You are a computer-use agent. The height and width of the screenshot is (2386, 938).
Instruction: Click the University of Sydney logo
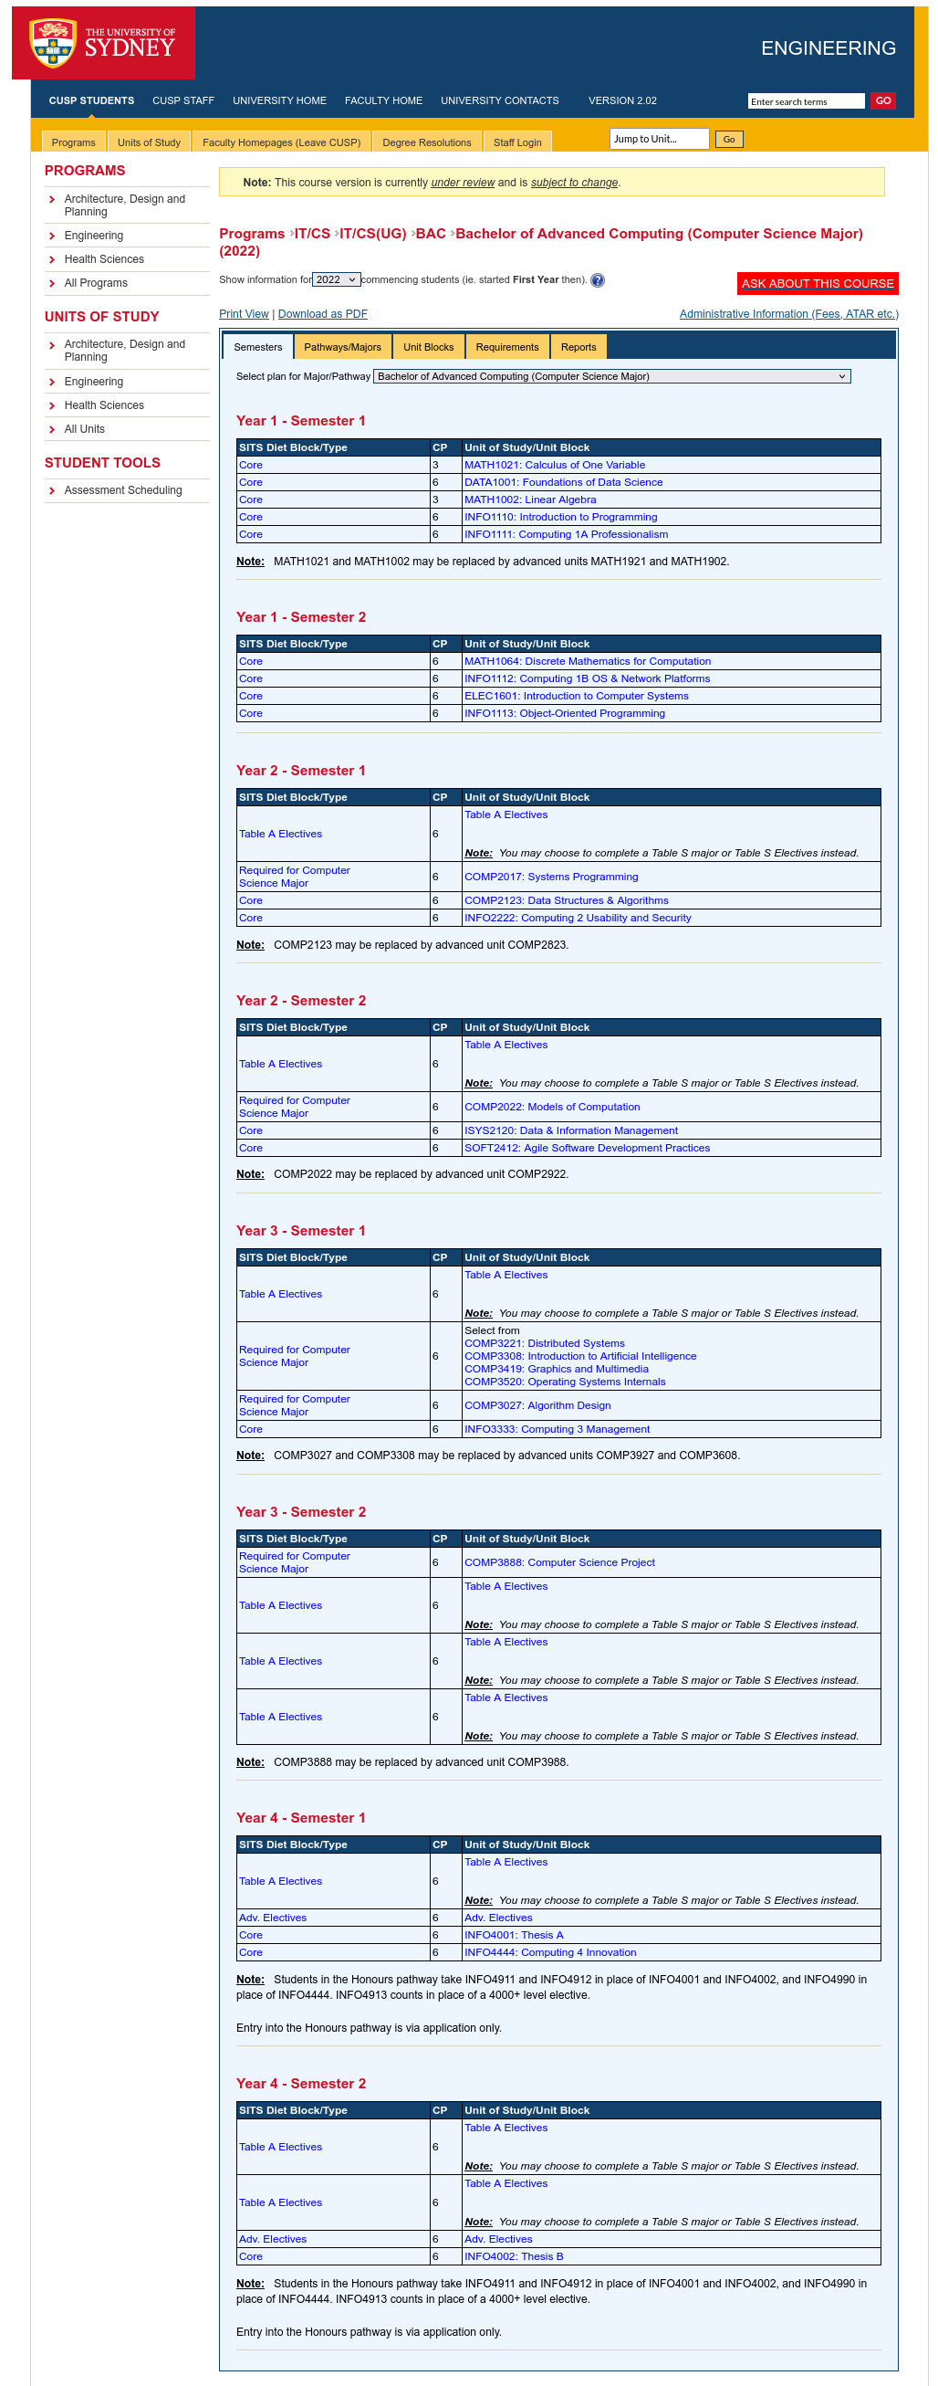coord(103,43)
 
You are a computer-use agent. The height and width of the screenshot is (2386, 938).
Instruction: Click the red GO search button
coord(882,101)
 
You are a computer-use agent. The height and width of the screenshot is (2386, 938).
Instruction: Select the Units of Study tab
coord(148,142)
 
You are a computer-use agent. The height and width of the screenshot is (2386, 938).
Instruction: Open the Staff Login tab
coord(516,142)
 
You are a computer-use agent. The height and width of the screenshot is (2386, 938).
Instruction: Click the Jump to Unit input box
coord(659,139)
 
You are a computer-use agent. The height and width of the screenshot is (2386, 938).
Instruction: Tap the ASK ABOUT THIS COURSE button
coord(817,283)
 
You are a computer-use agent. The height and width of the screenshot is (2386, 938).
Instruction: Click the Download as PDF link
coord(322,314)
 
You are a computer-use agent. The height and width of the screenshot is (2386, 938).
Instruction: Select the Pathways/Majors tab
coord(341,347)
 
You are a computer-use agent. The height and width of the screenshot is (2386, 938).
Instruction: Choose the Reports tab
coord(578,347)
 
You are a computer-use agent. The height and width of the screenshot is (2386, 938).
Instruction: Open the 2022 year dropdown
coord(335,279)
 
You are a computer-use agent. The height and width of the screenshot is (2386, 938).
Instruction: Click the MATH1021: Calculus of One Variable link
coord(554,465)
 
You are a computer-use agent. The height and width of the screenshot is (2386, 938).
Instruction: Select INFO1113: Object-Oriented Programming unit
coord(564,713)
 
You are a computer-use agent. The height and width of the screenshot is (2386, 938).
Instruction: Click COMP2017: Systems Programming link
coord(550,877)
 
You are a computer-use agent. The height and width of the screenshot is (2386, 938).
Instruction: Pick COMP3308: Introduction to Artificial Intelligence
coord(579,1356)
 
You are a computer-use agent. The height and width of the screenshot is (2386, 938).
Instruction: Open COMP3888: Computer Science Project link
coord(558,1562)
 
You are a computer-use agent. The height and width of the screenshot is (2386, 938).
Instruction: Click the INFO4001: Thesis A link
coord(513,1935)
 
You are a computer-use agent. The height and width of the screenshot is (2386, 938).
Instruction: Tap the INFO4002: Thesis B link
coord(513,2256)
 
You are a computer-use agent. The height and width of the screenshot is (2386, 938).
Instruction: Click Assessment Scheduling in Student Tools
coord(123,490)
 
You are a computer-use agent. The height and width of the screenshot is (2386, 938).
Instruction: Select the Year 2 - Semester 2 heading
coord(300,1001)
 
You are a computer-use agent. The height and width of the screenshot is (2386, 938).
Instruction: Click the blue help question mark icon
coord(598,280)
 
